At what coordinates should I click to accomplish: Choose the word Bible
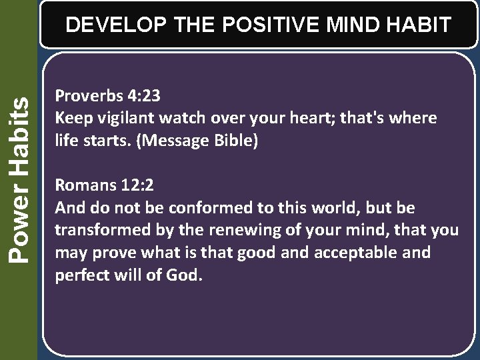click(234, 141)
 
